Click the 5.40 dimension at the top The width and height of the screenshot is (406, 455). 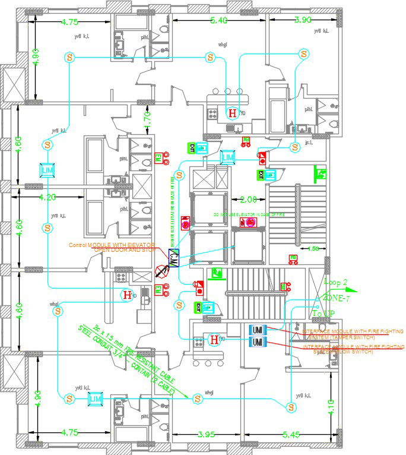point(219,21)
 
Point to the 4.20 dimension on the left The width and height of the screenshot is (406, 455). point(47,197)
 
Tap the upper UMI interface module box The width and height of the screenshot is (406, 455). point(258,330)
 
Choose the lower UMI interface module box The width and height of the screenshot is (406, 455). point(258,343)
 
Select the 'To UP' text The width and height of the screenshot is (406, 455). point(324,313)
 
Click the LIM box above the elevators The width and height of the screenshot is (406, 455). point(228,157)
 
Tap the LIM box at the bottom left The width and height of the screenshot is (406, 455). point(95,399)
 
